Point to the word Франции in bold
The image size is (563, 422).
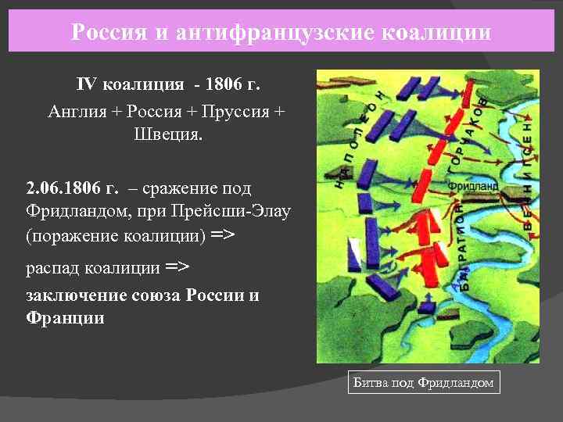coord(65,318)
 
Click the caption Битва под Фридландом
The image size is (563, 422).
coord(423,382)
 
